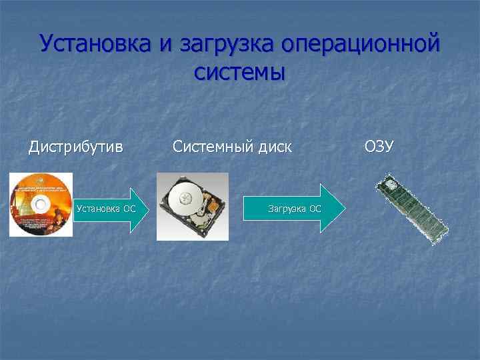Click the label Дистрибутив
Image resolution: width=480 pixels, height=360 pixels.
76,146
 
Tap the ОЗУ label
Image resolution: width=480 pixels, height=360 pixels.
379,145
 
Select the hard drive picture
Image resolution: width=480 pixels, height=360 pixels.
193,206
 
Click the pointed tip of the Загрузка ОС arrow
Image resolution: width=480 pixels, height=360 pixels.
344,208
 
